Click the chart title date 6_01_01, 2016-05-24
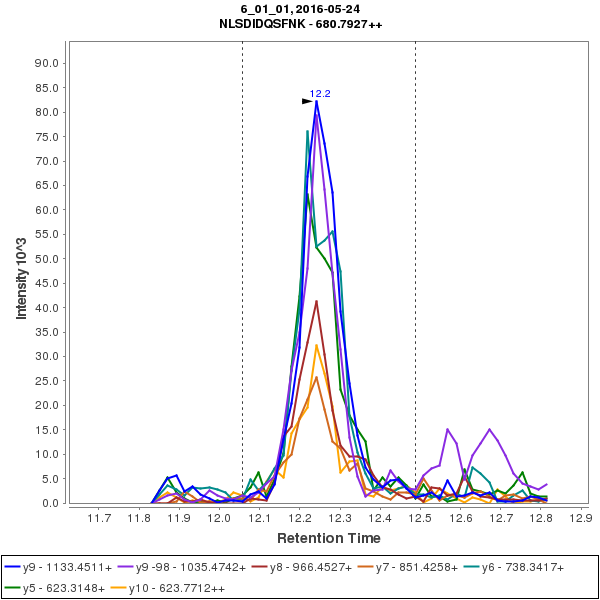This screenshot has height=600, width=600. coord(299,8)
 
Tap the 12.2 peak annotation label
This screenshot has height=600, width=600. coord(320,93)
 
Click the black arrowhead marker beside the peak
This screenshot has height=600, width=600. coord(308,101)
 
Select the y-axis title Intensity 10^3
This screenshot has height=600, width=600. coord(22,272)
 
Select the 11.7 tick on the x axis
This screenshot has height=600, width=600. coord(98,518)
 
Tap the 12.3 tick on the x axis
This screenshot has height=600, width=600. coord(340,518)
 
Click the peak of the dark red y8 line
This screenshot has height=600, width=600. coord(316,301)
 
